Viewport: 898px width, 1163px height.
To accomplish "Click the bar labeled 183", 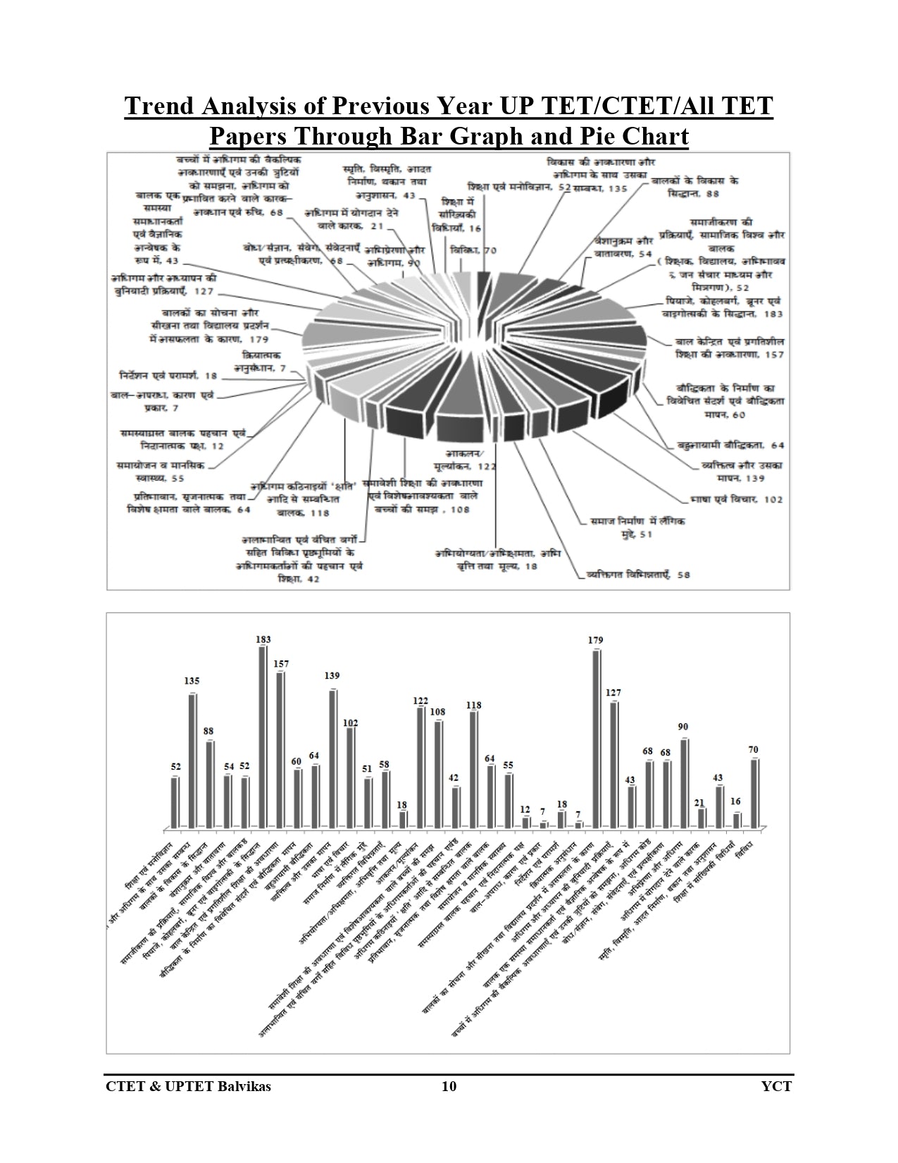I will [x=263, y=737].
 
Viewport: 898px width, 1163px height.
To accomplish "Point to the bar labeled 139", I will [x=332, y=758].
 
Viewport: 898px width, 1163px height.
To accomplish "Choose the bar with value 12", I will [x=525, y=822].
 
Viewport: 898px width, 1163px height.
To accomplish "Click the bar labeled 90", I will [x=684, y=782].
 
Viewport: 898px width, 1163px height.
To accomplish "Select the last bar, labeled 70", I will [x=754, y=793].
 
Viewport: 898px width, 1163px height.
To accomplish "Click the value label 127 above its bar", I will [x=613, y=693].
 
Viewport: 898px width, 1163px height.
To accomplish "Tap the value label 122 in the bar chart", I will [x=420, y=701].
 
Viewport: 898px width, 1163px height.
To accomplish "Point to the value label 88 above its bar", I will [x=208, y=732].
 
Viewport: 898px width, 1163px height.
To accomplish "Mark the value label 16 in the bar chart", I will [x=736, y=802].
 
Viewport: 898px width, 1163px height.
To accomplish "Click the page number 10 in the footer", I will [x=449, y=1086].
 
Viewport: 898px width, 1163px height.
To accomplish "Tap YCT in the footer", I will [x=776, y=1086].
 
